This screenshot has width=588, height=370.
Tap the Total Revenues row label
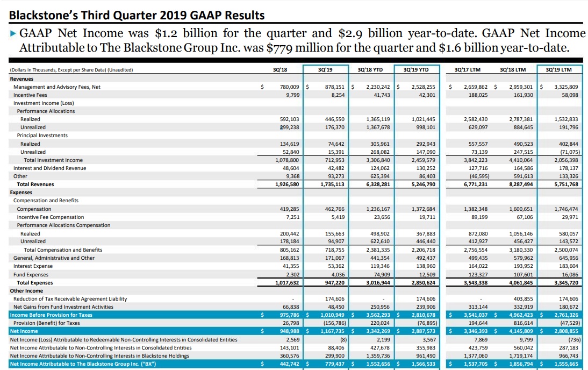click(x=35, y=184)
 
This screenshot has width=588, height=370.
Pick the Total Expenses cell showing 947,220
click(x=332, y=283)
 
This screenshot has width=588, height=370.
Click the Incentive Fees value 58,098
click(x=567, y=95)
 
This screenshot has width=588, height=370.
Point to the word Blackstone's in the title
click(x=42, y=15)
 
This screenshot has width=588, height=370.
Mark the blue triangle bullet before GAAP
click(x=13, y=33)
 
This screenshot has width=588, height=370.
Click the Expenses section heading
click(x=21, y=193)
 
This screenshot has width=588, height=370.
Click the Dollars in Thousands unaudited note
click(x=71, y=70)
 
